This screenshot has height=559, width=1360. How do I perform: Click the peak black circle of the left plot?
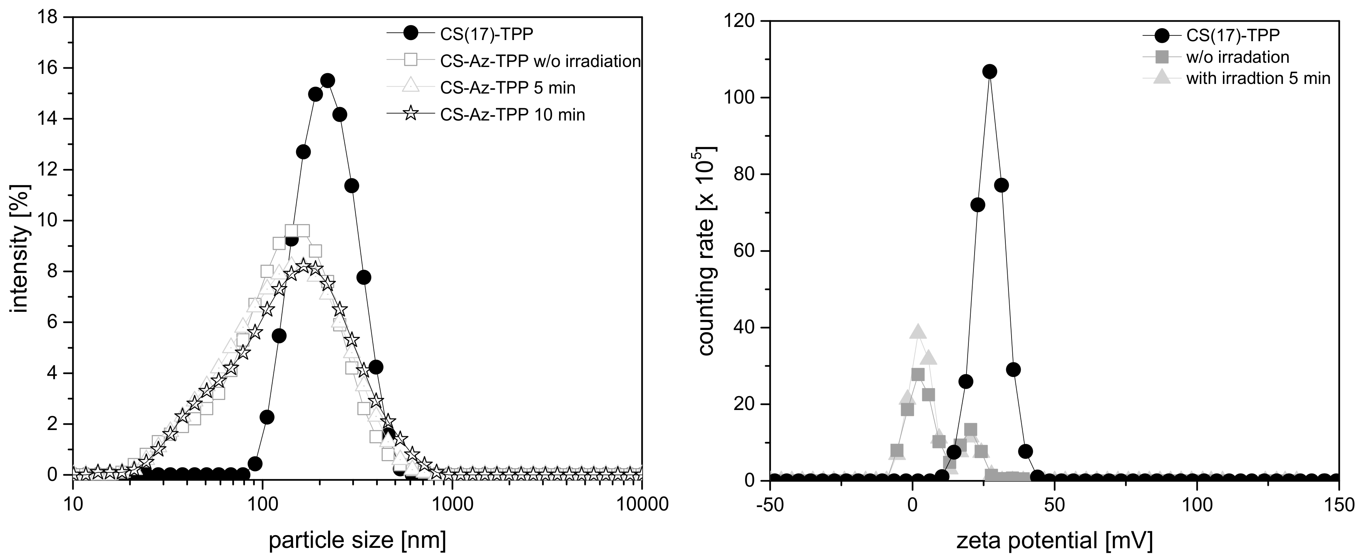pyautogui.click(x=327, y=81)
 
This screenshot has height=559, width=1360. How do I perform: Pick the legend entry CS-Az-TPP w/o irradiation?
pyautogui.click(x=539, y=61)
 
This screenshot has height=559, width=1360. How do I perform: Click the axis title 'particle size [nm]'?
pyautogui.click(x=357, y=541)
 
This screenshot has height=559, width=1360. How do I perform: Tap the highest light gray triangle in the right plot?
pyautogui.click(x=918, y=332)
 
